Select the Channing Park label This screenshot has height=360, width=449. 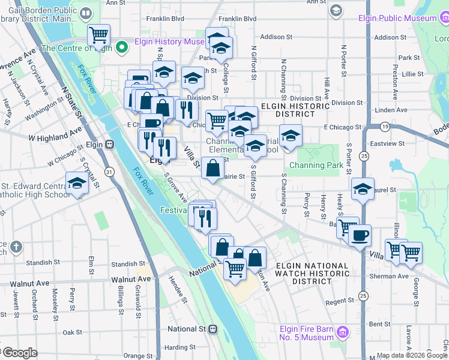click(x=316, y=165)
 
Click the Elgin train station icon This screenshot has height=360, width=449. click(x=109, y=144)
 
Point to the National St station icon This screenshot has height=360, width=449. click(x=212, y=329)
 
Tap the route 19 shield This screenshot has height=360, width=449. click(x=385, y=127)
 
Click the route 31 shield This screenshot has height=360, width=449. click(x=109, y=172)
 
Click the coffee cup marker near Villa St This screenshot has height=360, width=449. click(x=359, y=235)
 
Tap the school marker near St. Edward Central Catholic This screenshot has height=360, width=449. click(x=77, y=184)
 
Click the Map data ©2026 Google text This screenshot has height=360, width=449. click(x=412, y=355)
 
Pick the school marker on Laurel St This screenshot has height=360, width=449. click(x=362, y=189)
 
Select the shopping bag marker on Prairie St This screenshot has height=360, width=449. click(x=212, y=168)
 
